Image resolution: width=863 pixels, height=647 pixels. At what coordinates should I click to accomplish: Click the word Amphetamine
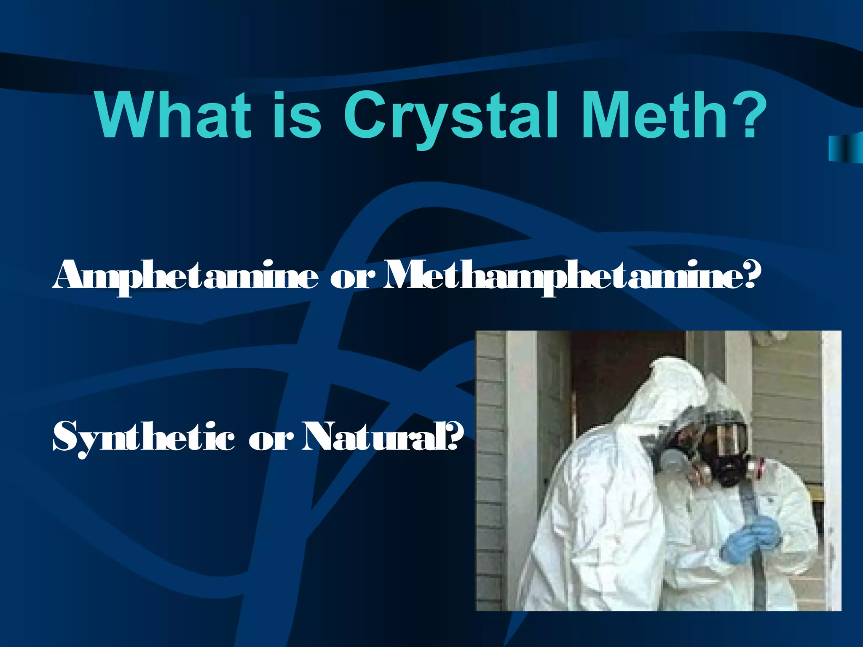pos(185,276)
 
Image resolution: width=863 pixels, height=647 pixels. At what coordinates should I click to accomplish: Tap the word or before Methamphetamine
pos(352,278)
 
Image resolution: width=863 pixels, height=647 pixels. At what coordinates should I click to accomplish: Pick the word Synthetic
pos(144,438)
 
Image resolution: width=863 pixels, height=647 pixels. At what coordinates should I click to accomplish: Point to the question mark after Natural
pos(455,436)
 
